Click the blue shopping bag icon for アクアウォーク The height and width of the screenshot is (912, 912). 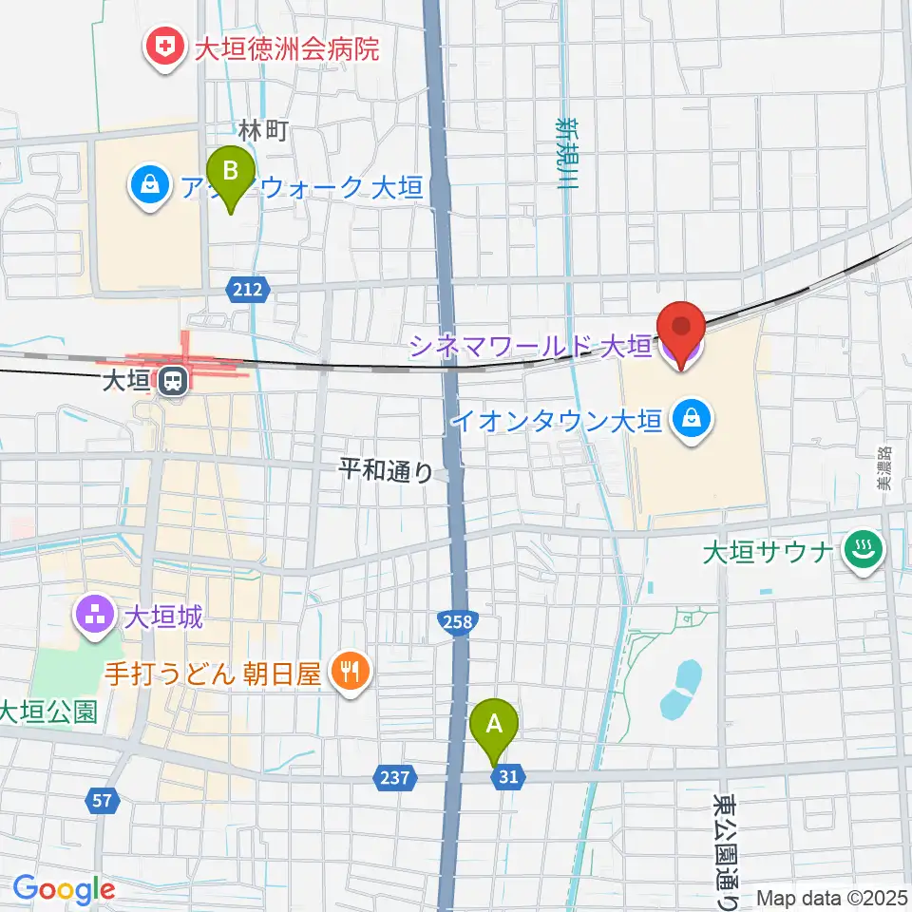click(x=150, y=183)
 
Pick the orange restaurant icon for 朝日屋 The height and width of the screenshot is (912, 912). click(x=350, y=673)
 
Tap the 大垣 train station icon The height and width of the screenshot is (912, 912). click(x=173, y=382)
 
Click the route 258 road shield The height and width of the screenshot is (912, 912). click(x=457, y=622)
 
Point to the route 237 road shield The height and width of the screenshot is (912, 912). click(x=395, y=778)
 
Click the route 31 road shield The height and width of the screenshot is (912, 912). click(x=508, y=778)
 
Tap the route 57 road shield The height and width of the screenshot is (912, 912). click(x=103, y=801)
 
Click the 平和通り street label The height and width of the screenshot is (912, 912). click(x=389, y=470)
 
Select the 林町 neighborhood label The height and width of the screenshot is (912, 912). click(x=262, y=132)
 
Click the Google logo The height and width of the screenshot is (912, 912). click(x=64, y=888)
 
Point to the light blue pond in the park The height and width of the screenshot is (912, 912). click(x=680, y=689)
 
